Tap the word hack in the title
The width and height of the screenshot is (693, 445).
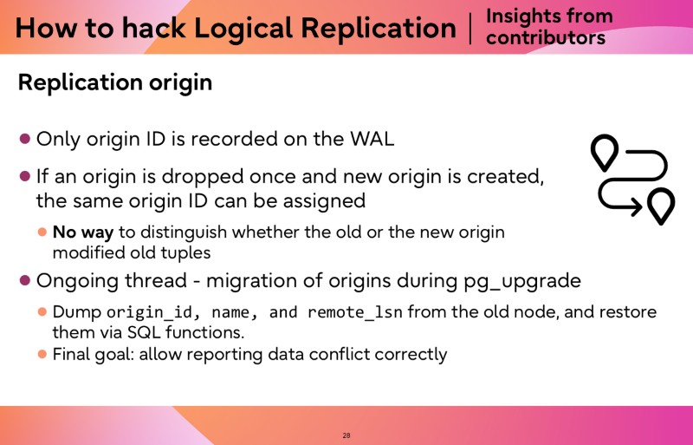click(154, 28)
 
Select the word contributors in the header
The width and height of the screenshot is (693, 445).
click(546, 37)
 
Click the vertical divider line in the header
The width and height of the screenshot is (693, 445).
click(470, 29)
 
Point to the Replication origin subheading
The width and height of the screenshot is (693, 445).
click(115, 82)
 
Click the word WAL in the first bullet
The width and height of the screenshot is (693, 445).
click(372, 139)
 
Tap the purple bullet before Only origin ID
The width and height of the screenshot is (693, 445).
click(25, 139)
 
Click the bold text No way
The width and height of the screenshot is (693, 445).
click(83, 232)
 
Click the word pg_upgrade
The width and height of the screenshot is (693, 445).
click(522, 281)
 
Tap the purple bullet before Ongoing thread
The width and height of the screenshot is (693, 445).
click(25, 280)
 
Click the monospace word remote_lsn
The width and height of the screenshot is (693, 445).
click(355, 312)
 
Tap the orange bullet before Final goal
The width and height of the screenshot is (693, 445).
click(42, 354)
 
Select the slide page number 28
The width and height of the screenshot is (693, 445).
click(346, 435)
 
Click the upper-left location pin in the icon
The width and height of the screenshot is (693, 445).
click(605, 152)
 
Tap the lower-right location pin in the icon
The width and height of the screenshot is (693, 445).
click(661, 206)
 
